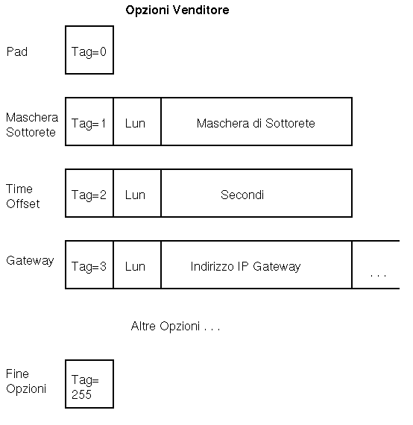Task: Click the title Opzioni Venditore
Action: pyautogui.click(x=177, y=10)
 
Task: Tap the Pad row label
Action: pyautogui.click(x=17, y=51)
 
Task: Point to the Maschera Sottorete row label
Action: pyautogui.click(x=32, y=125)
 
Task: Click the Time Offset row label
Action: pyautogui.click(x=23, y=196)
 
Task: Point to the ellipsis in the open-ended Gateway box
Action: pyautogui.click(x=378, y=276)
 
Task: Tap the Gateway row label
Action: pyautogui.click(x=30, y=261)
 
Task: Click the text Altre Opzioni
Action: pyautogui.click(x=165, y=326)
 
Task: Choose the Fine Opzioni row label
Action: pyautogui.click(x=26, y=381)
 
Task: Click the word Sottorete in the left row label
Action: pyautogui.click(x=31, y=132)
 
